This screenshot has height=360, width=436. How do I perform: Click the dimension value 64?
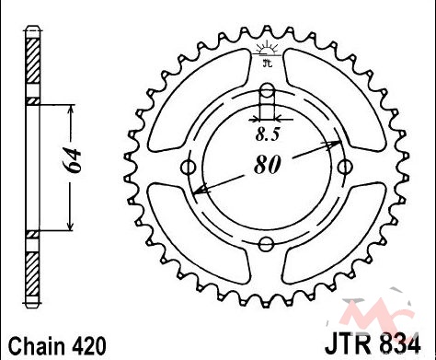74,161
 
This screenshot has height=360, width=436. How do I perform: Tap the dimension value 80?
267,165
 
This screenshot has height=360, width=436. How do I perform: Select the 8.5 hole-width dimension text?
268,134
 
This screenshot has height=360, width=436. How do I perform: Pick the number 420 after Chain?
90,345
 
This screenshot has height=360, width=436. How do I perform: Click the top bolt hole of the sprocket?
267,91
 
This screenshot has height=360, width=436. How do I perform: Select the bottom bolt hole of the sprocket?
266,244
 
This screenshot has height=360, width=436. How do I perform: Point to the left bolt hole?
189,168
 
